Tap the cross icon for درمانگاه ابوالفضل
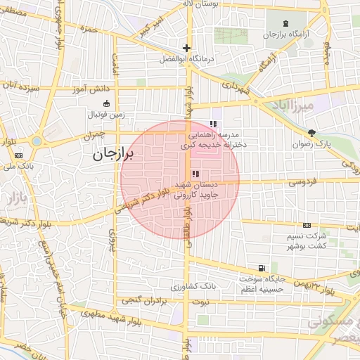[x=186, y=49]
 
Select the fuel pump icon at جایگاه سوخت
[x=262, y=268]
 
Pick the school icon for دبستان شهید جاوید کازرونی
[x=195, y=174]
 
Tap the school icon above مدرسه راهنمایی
[x=213, y=124]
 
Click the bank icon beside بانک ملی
[x=18, y=155]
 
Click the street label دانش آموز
[x=73, y=91]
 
